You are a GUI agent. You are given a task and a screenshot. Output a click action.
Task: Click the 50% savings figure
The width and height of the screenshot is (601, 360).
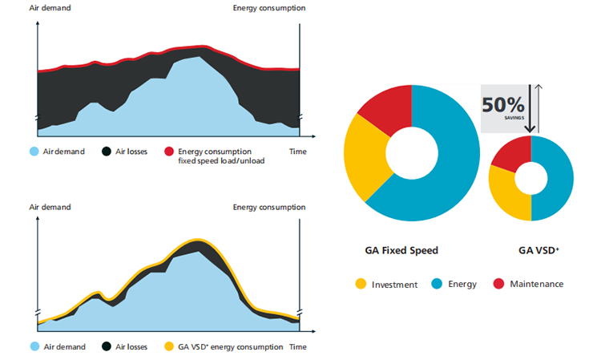point(502,105)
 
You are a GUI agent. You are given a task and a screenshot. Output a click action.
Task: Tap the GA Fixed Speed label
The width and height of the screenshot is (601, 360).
point(401,250)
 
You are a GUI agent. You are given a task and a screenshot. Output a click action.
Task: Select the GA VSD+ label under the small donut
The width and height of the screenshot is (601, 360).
point(538,250)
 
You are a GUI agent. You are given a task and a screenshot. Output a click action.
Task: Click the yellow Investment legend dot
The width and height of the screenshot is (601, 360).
point(361,284)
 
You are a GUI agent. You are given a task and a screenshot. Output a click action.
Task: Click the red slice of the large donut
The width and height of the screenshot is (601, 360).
point(385,107)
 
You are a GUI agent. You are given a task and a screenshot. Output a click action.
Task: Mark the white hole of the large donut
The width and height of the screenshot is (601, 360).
point(411,152)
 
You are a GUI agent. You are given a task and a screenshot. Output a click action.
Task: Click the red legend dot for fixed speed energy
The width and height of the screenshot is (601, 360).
point(169,152)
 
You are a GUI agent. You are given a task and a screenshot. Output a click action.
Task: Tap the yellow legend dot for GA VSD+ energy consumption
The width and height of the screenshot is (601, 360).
point(169,347)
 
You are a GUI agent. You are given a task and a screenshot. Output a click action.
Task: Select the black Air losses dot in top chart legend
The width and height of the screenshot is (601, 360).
point(107,152)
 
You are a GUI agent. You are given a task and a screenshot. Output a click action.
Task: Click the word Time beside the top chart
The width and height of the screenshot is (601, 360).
point(297,151)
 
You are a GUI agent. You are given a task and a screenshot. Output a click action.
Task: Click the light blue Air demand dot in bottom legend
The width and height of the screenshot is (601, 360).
point(34,347)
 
